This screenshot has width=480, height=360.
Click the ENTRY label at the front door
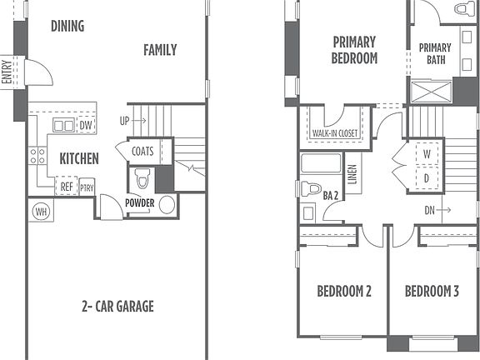coord(7,71)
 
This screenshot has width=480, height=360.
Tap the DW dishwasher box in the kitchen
coord(86,125)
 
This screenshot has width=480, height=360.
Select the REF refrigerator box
coord(67,187)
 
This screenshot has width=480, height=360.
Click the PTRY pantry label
coord(87,187)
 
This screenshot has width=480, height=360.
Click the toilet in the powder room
coord(142,178)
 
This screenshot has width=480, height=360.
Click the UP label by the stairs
coord(125,121)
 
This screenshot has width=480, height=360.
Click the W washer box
coord(427,154)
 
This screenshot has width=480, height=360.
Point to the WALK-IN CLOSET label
coord(334,133)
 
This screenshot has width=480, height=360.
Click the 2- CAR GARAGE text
coord(117,306)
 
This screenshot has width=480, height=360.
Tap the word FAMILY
coord(159,50)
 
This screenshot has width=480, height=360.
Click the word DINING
coord(67,26)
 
